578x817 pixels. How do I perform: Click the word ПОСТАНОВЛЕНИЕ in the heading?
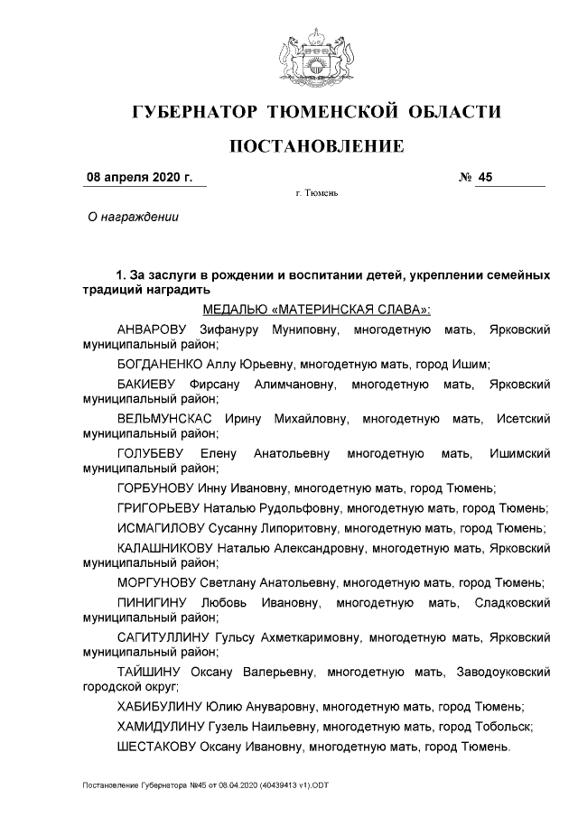[x=315, y=145]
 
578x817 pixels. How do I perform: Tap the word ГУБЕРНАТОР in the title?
[x=194, y=112]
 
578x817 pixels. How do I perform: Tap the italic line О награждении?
[x=132, y=217]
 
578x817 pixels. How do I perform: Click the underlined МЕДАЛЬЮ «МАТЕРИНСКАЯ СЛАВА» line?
[x=316, y=310]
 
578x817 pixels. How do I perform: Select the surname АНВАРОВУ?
[x=152, y=330]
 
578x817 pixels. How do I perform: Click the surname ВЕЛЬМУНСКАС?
[x=164, y=419]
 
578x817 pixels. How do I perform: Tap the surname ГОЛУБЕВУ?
[x=151, y=453]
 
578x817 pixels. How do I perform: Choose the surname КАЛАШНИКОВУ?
[x=164, y=547]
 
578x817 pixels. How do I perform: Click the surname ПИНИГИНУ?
[x=151, y=602]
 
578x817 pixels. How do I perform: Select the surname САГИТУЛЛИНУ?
[x=163, y=636]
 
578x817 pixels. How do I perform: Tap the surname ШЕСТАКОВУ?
[x=160, y=747]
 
